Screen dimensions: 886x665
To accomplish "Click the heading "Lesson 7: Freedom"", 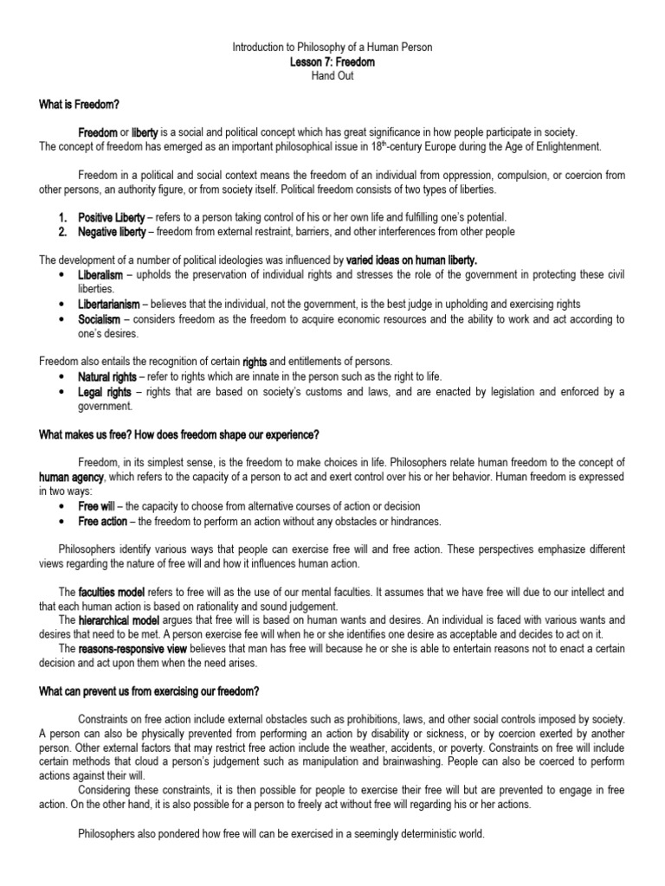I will (332, 62).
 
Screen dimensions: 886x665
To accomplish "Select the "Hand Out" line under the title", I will (332, 76).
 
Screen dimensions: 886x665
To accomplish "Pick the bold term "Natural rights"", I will (107, 377).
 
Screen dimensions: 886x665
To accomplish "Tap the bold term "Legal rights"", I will (103, 392).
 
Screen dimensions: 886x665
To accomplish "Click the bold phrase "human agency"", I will (71, 477).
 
